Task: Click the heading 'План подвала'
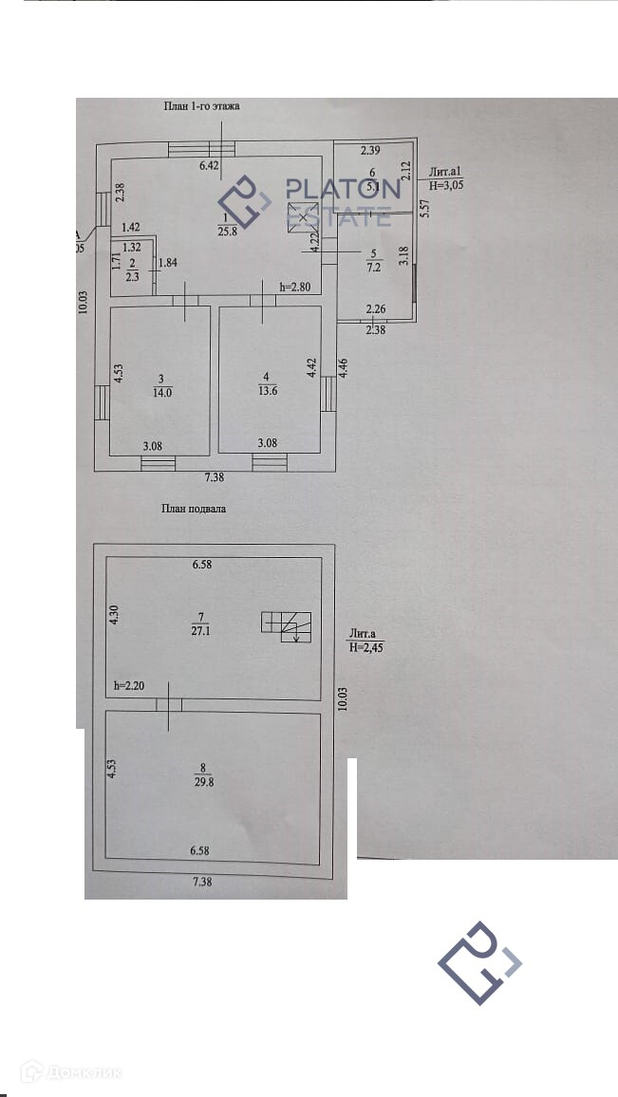pyautogui.click(x=194, y=509)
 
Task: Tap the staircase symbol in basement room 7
pyautogui.click(x=287, y=626)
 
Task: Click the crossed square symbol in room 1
pyautogui.click(x=302, y=217)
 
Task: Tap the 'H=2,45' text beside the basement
pyautogui.click(x=366, y=647)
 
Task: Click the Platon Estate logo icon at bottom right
pyautogui.click(x=480, y=962)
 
